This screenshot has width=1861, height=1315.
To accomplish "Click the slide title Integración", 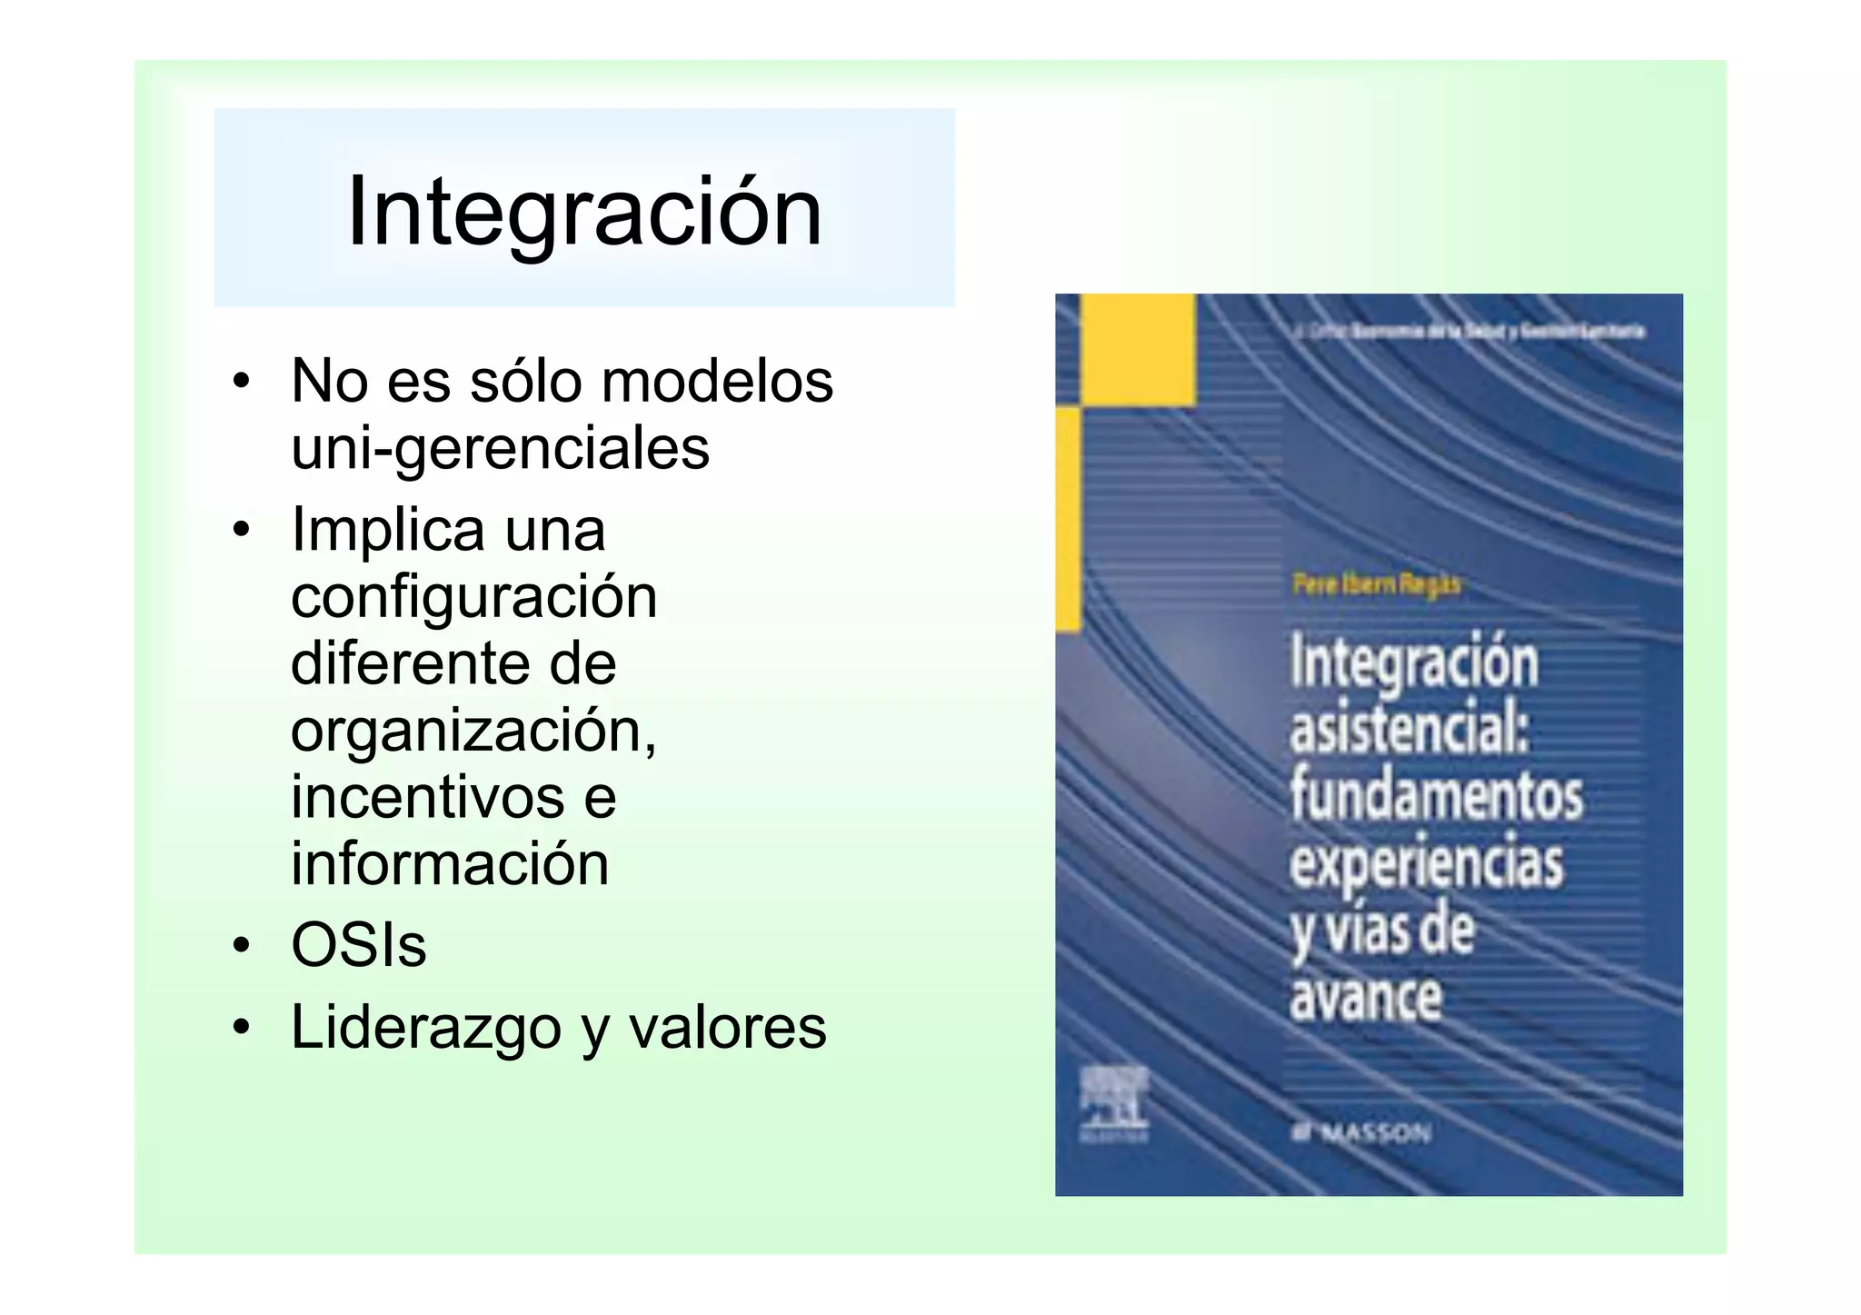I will click(x=584, y=211).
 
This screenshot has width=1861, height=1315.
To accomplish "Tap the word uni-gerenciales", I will click(x=500, y=448).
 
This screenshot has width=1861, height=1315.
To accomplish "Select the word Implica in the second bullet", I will click(x=388, y=530).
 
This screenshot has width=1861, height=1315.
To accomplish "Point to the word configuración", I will click(x=473, y=597).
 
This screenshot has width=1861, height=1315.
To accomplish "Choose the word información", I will click(x=450, y=863).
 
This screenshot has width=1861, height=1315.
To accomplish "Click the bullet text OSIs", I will click(x=358, y=945).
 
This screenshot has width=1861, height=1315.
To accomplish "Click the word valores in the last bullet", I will click(x=727, y=1028).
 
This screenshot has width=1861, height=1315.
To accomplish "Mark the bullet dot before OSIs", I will click(x=240, y=946).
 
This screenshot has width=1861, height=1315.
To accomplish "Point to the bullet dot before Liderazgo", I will click(x=240, y=1028).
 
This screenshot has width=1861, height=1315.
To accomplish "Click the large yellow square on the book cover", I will click(x=1137, y=349).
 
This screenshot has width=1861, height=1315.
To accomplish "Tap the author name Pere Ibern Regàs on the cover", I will click(x=1376, y=583).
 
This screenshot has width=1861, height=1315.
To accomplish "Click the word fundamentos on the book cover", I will click(x=1436, y=795).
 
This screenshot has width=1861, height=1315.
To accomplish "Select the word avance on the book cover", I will click(x=1365, y=998).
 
